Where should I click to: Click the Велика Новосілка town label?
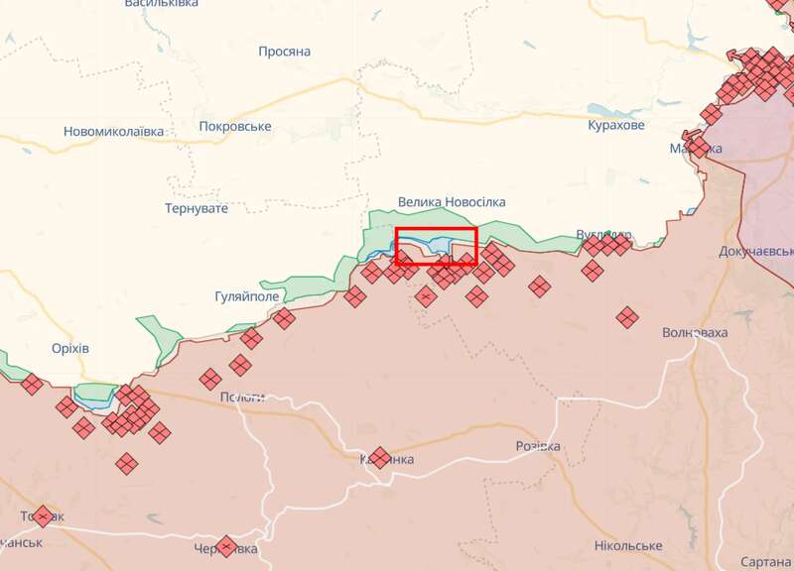coord(451,202)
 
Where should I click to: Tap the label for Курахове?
coord(615,126)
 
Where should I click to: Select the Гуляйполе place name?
coord(247,296)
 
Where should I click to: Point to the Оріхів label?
coord(70,349)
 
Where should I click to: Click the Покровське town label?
coord(235,127)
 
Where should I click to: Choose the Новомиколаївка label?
coord(113,131)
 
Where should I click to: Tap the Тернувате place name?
coord(196,208)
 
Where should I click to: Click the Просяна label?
coord(285,52)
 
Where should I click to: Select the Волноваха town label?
coord(695,333)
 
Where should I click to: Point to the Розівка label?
coord(537,447)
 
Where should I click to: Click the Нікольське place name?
coord(628,546)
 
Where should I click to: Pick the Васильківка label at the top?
coord(162,4)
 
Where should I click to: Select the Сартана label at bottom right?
coord(767,535)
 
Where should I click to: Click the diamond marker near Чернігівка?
coord(227,546)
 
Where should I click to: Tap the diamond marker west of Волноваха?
coord(626,318)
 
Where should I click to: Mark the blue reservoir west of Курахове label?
coord(601,110)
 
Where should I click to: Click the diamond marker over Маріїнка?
coord(698,147)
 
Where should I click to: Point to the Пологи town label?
coord(242,398)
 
